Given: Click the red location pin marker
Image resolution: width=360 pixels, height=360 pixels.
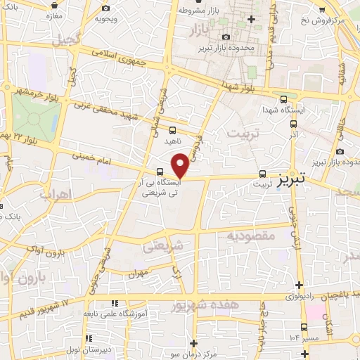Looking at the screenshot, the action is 181,165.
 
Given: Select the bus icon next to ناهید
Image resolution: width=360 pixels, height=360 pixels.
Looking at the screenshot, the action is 173,130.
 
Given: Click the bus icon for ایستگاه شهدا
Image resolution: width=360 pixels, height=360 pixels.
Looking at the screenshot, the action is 283,100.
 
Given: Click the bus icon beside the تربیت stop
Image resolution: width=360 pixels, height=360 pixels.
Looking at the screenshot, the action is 262,173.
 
